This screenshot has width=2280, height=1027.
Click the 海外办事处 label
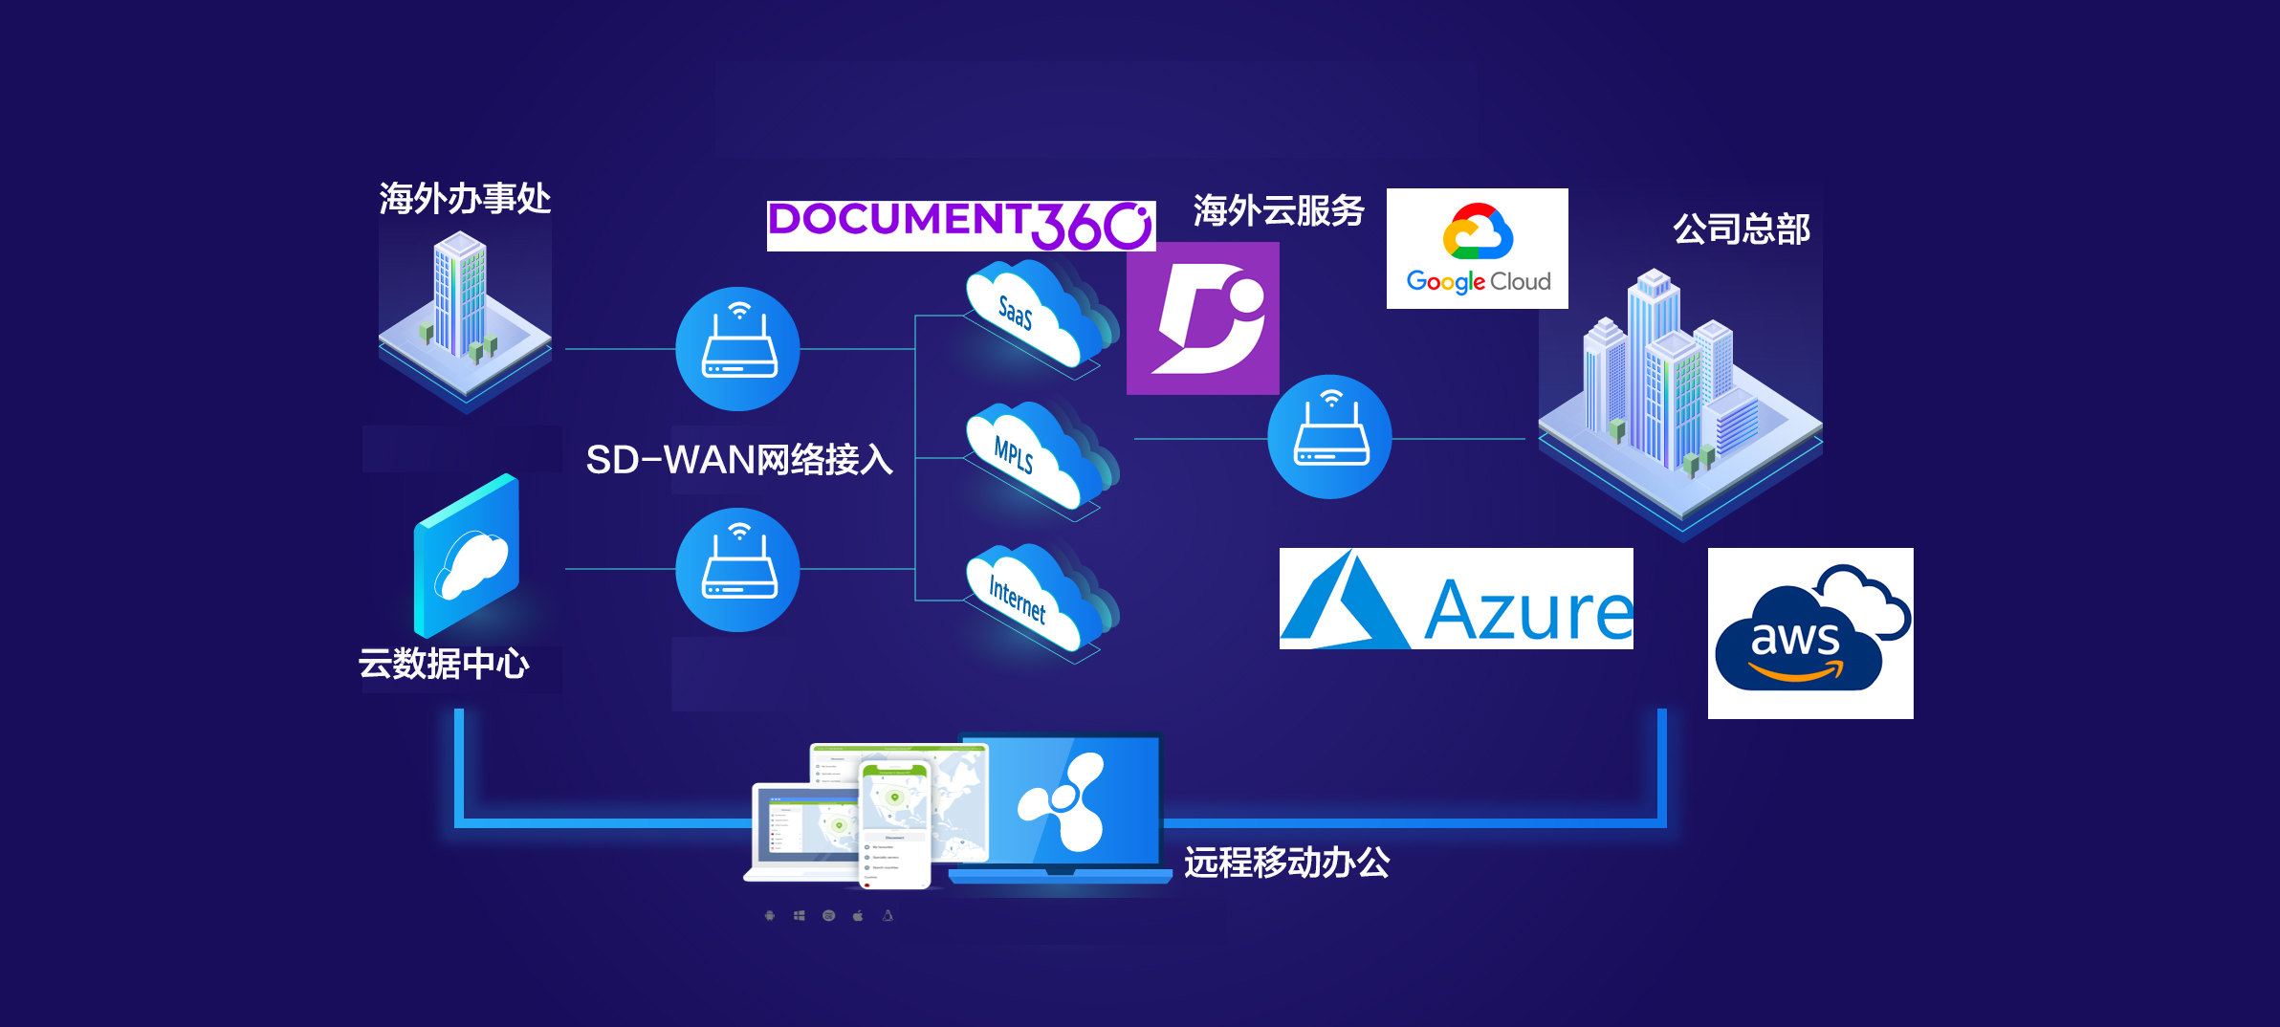pyautogui.click(x=465, y=199)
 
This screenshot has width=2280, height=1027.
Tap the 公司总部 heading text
pyautogui.click(x=1741, y=229)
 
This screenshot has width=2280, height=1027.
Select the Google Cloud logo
pyautogui.click(x=1477, y=249)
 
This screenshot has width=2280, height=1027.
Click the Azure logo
pyautogui.click(x=1456, y=599)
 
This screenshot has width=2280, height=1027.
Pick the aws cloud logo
pyautogui.click(x=1809, y=633)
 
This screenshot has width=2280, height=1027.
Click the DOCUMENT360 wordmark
pyautogui.click(x=960, y=226)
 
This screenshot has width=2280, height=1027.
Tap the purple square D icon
pyautogui.click(x=1202, y=318)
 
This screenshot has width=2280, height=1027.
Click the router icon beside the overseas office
pyautogui.click(x=737, y=349)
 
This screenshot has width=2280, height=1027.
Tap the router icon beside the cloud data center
pyautogui.click(x=737, y=570)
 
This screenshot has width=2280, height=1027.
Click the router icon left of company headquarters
pyautogui.click(x=1329, y=437)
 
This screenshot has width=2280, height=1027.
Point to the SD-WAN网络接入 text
pyautogui.click(x=738, y=460)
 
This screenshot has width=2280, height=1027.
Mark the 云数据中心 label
pyautogui.click(x=444, y=664)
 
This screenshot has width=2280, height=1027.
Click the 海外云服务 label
pyautogui.click(x=1278, y=210)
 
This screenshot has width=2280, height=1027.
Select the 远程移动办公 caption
pyautogui.click(x=1286, y=863)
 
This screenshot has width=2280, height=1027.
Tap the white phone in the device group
pyautogui.click(x=895, y=823)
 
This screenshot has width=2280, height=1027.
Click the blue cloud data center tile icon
pyautogui.click(x=467, y=557)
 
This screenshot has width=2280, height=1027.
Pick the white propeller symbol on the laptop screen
pyautogui.click(x=1063, y=801)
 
